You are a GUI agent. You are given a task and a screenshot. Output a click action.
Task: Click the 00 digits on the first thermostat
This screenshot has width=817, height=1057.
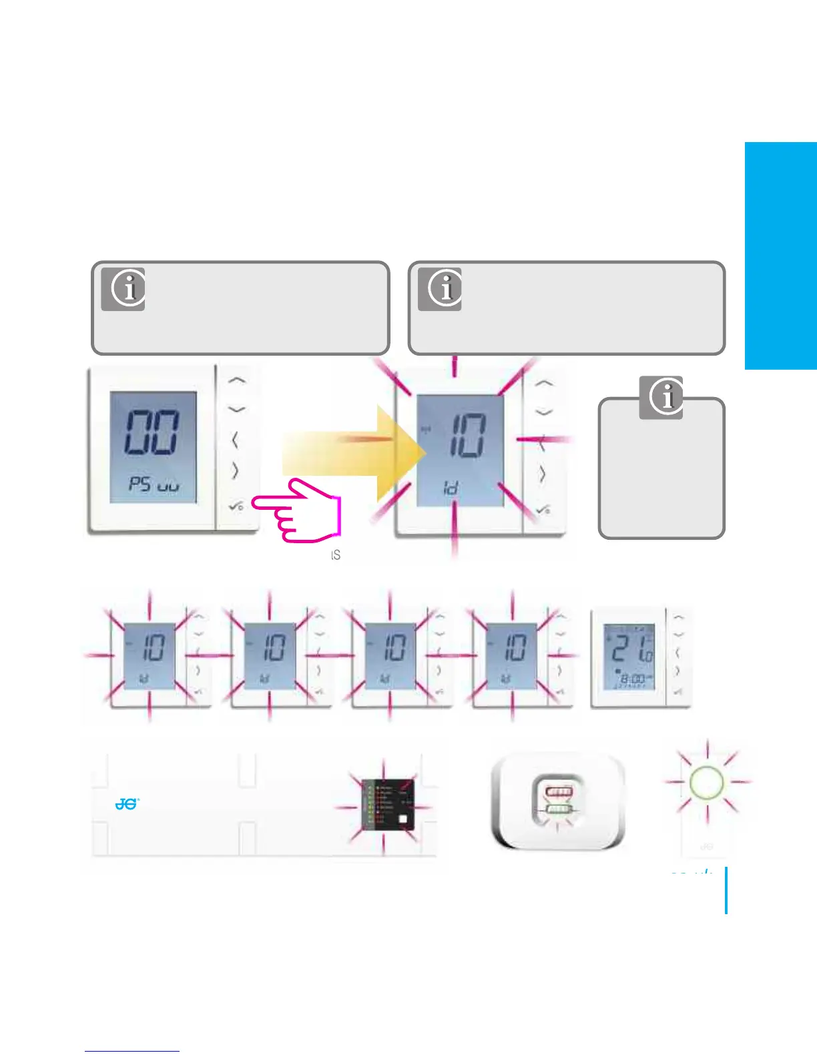[152, 433]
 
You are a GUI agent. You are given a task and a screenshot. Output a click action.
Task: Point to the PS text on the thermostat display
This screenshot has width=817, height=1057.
[140, 483]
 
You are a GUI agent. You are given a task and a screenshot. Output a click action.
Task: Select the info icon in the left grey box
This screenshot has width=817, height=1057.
[123, 289]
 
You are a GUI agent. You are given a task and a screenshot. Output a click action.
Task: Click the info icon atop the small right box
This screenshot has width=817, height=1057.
[661, 398]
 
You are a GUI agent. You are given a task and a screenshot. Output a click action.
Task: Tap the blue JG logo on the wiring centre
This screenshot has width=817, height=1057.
[126, 804]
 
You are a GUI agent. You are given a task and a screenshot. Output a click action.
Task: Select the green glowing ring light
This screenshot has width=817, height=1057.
[707, 781]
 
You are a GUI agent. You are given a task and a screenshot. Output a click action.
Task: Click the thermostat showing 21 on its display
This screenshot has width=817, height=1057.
[629, 658]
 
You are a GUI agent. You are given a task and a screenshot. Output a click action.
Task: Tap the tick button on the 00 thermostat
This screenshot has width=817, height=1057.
[236, 507]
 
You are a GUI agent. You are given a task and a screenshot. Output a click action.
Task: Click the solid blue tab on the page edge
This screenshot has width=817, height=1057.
[781, 256]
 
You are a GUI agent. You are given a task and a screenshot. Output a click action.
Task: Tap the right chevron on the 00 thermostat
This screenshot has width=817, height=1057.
[235, 471]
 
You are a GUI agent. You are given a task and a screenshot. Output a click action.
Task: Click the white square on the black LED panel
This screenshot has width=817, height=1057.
[402, 820]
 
